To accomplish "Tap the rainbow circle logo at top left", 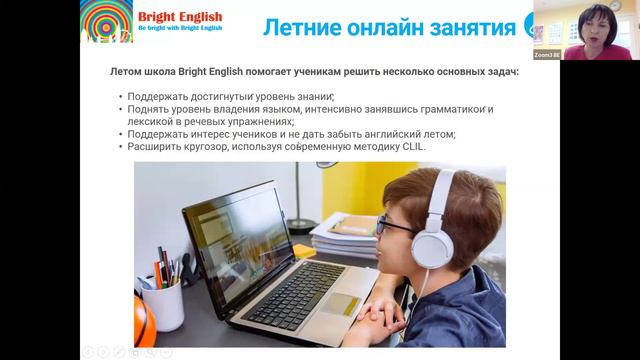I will pyautogui.click(x=105, y=22).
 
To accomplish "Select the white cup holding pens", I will pyautogui.click(x=162, y=301).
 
